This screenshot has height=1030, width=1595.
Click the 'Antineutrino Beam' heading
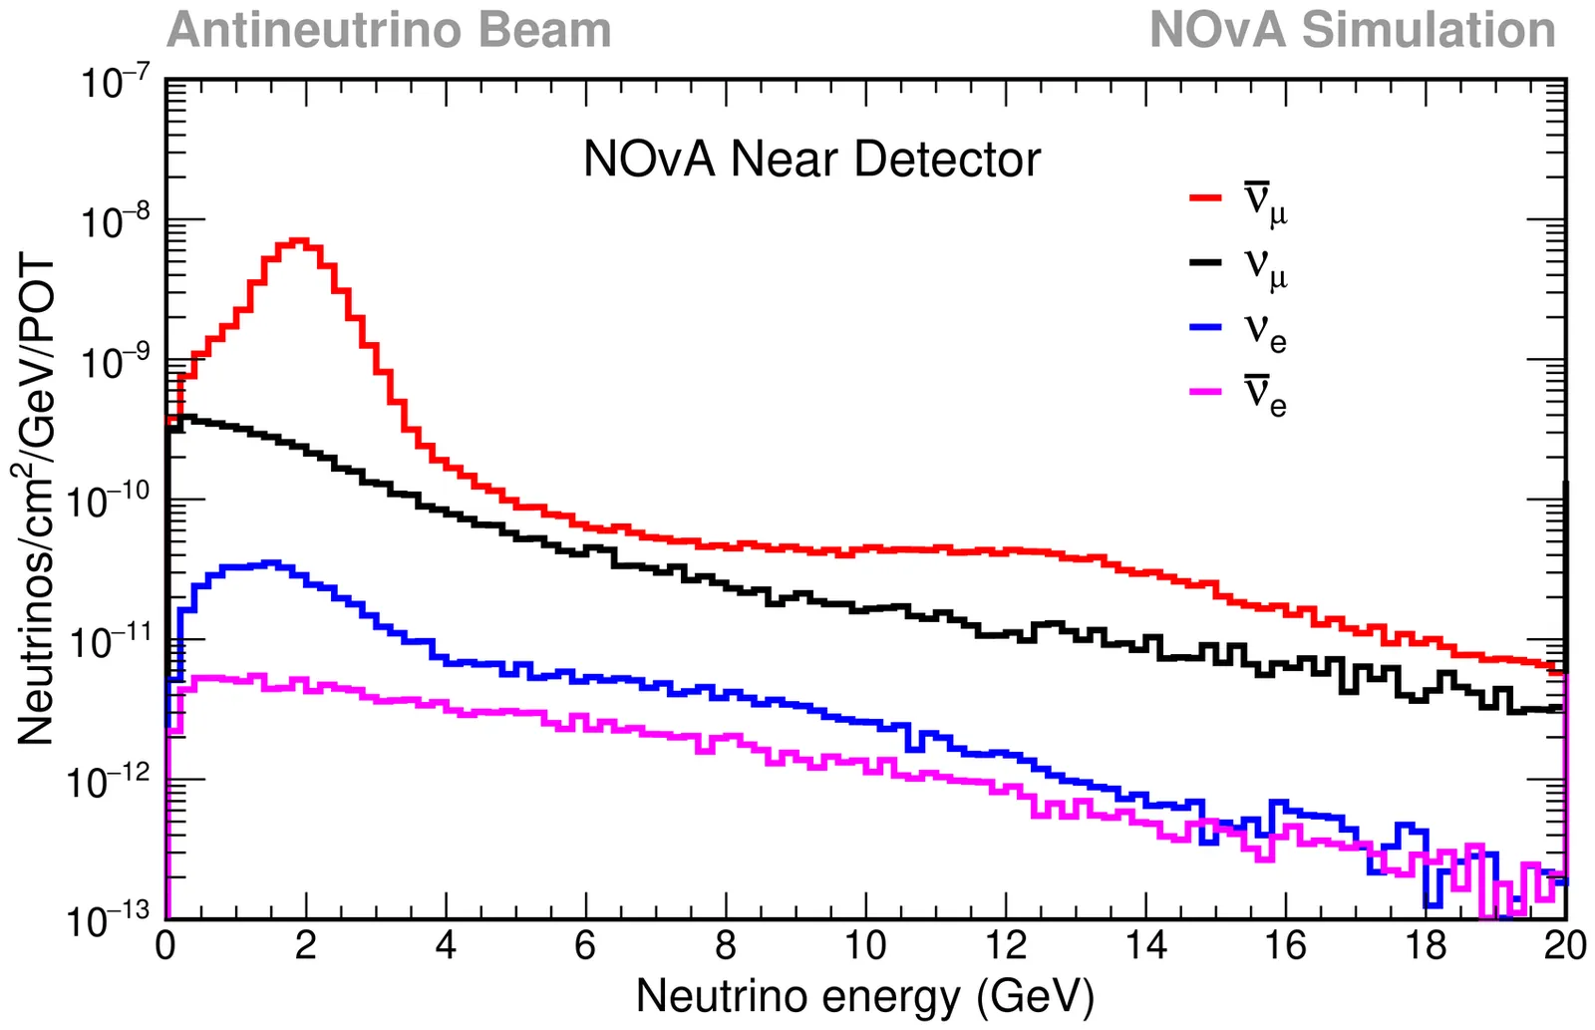389,30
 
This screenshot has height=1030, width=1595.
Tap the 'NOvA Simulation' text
1352,30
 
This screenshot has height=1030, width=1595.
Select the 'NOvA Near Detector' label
811,160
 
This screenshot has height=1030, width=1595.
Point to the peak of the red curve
299,240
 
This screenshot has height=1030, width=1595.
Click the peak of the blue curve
271,563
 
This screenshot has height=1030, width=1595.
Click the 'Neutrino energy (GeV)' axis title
864,996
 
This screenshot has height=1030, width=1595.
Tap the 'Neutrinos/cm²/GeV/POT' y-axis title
37,499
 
